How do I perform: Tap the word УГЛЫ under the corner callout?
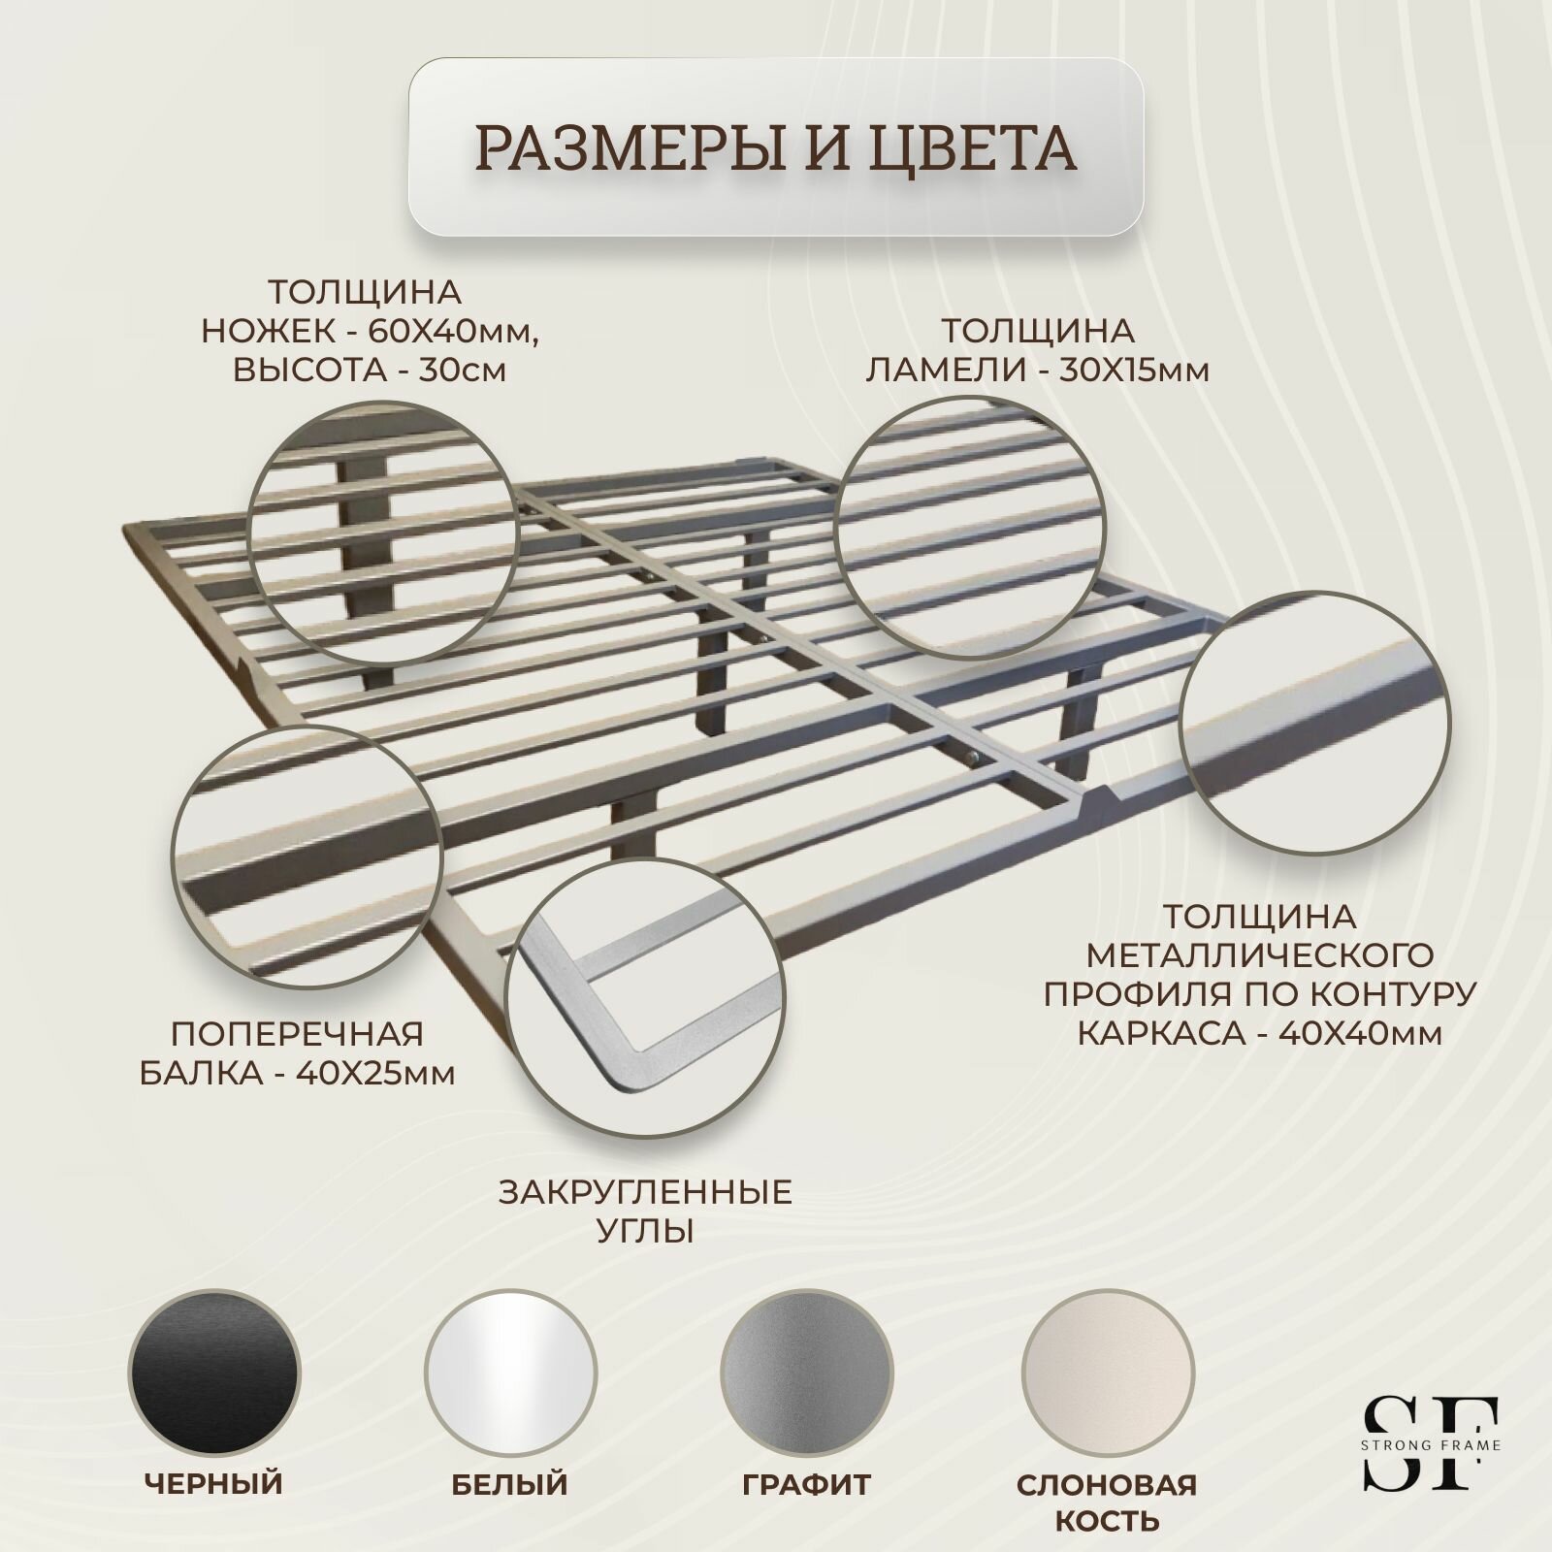(x=646, y=1233)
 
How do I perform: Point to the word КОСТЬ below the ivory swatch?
(x=1106, y=1520)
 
